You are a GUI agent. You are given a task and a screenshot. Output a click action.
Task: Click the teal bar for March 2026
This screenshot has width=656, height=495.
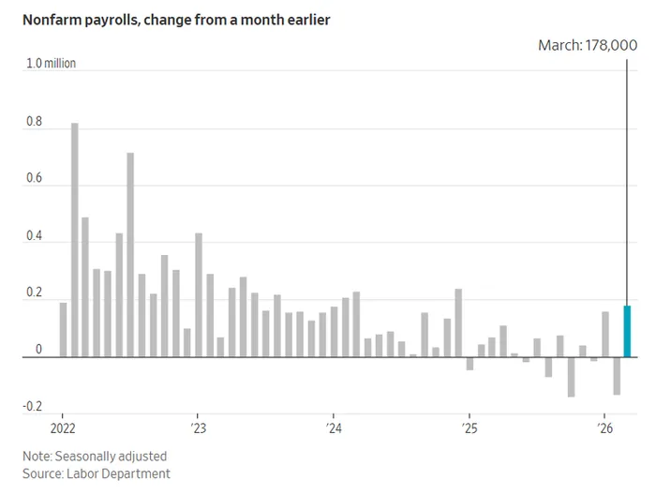(627, 331)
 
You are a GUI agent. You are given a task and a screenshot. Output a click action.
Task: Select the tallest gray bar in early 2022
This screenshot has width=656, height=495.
(74, 240)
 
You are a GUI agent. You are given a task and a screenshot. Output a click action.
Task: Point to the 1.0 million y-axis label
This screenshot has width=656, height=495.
(51, 64)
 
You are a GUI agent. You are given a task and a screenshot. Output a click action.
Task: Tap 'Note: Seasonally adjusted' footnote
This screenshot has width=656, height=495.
(97, 456)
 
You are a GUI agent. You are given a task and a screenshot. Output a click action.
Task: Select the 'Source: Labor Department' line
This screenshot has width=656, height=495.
(97, 473)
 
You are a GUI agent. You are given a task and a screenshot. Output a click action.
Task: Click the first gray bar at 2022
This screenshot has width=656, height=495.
(63, 329)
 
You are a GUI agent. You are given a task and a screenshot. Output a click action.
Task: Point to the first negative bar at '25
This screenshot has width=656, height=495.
(470, 364)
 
